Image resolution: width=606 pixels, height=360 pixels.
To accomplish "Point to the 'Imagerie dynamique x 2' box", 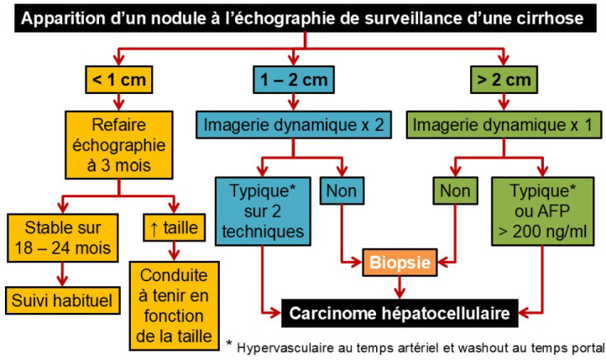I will tap(291, 126).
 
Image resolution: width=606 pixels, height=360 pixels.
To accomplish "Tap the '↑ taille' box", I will tap(171, 227).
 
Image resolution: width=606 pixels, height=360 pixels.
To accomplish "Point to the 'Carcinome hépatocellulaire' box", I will tap(397, 313).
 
